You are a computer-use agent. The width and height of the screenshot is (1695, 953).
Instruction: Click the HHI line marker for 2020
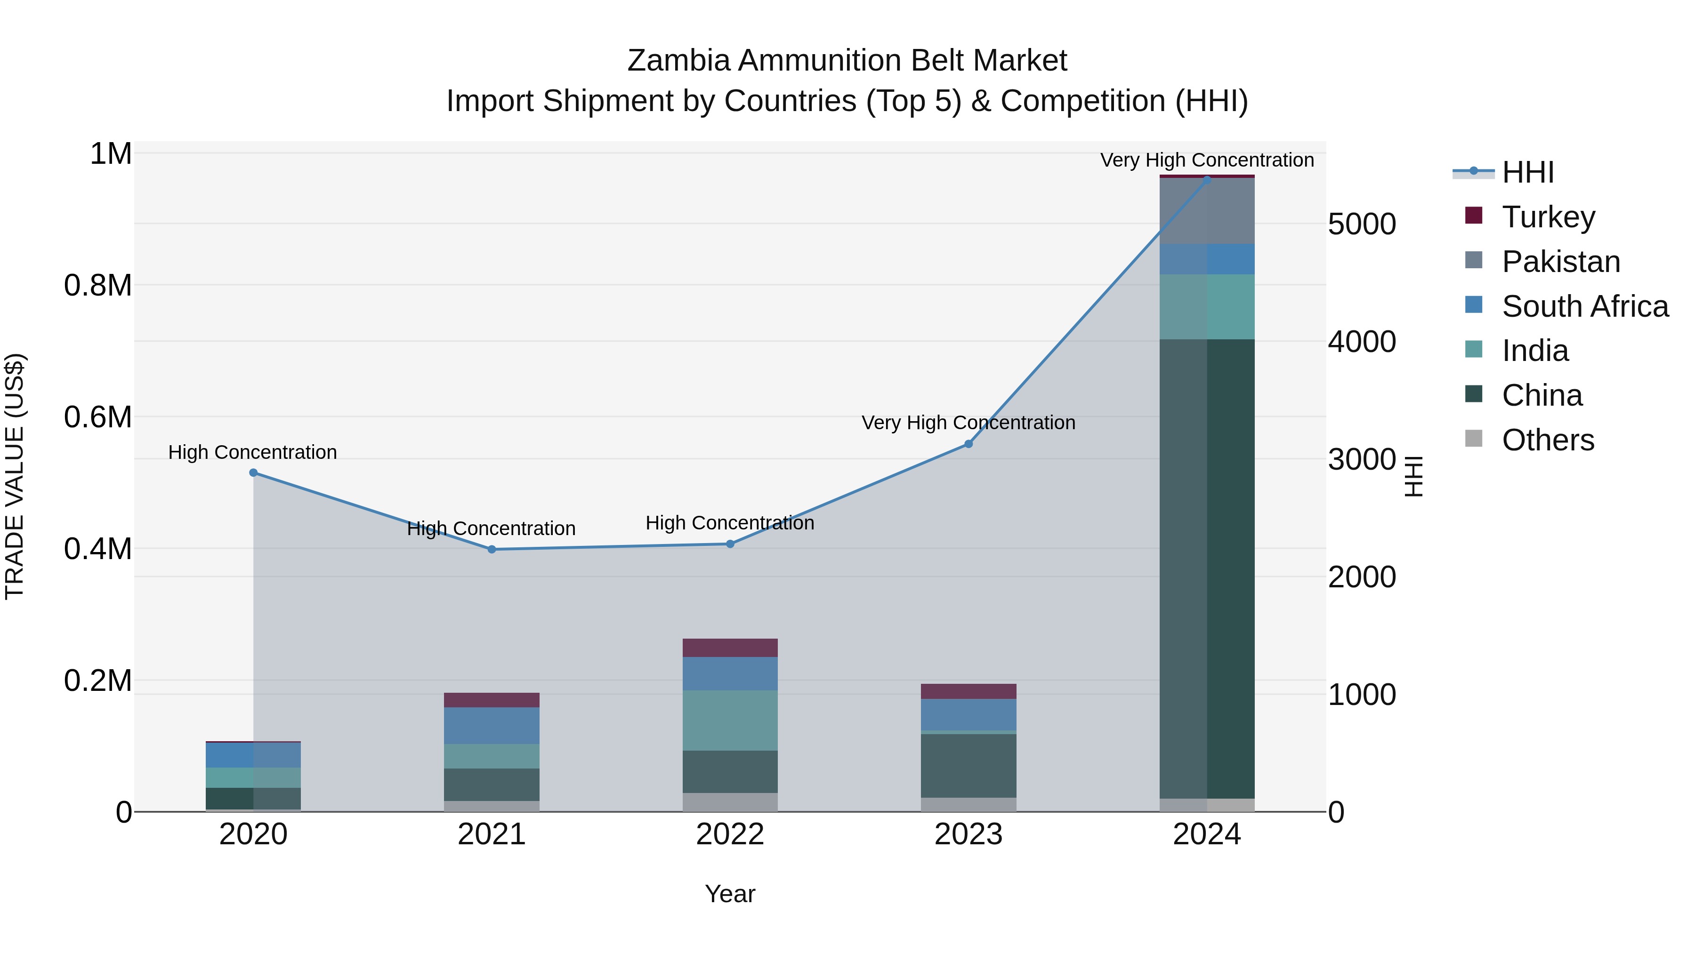point(253,473)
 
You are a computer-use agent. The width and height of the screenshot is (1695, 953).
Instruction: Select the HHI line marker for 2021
point(492,549)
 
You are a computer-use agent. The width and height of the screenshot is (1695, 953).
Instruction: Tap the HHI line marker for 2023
point(968,444)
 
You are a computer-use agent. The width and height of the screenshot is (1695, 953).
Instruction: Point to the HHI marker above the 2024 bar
point(1207,179)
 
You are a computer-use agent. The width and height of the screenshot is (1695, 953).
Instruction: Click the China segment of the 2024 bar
point(1207,569)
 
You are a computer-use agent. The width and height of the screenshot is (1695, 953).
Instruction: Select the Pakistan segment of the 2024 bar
point(1207,210)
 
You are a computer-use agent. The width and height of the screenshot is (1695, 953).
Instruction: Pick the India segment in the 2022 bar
point(730,720)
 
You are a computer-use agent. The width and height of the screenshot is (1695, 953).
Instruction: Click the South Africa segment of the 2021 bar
point(492,725)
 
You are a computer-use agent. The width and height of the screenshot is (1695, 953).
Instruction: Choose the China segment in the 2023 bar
point(968,766)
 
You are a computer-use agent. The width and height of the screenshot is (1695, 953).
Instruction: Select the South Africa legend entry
point(1584,306)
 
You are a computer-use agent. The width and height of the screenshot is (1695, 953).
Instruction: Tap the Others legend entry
point(1548,440)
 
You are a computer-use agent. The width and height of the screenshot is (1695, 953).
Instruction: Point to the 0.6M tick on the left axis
point(98,417)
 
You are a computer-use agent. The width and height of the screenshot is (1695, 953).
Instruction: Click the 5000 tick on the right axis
point(1361,224)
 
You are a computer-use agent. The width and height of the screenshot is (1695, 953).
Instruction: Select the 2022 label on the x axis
point(730,834)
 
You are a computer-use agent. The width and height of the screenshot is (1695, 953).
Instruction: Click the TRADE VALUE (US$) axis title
point(15,476)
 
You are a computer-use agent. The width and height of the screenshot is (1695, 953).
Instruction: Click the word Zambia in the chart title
point(678,61)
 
